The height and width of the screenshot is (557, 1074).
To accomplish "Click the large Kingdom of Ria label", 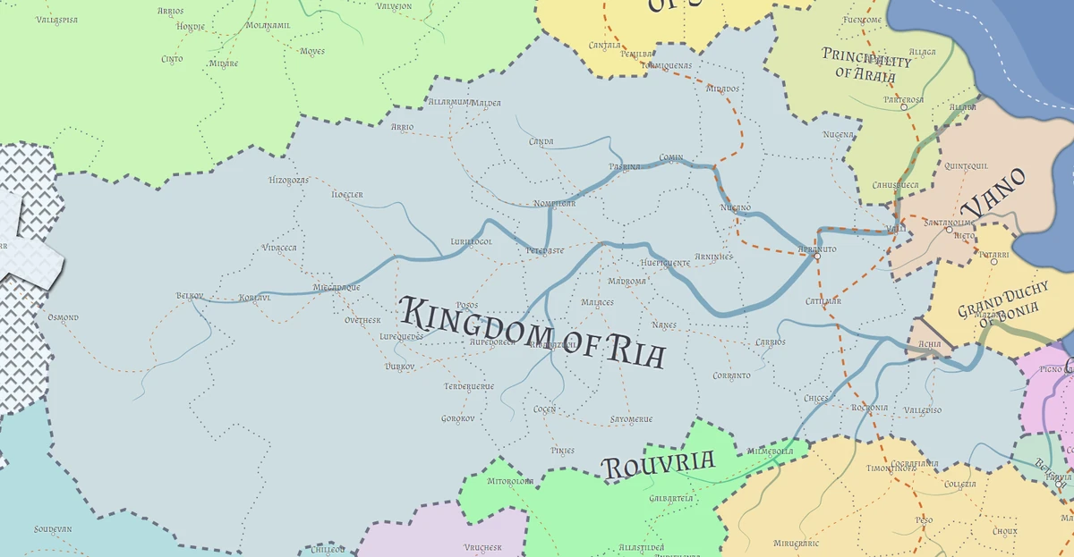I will click(x=533, y=332).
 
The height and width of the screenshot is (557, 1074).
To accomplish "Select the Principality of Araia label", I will click(x=866, y=63).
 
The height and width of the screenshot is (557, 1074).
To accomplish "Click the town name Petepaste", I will click(x=545, y=250).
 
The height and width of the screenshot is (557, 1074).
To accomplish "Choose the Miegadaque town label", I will click(x=336, y=287).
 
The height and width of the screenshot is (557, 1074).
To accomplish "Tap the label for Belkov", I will click(x=190, y=295).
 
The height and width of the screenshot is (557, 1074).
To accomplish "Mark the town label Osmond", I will click(x=63, y=317).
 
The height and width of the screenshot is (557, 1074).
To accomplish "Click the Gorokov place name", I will click(x=457, y=418).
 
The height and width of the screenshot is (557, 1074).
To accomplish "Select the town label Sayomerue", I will click(x=631, y=418).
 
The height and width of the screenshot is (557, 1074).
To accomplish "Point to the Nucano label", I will click(x=735, y=207).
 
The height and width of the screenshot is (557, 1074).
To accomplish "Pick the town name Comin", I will click(x=671, y=157).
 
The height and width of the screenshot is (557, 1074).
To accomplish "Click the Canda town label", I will click(x=541, y=141).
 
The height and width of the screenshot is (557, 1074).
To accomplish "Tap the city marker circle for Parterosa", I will click(x=904, y=107).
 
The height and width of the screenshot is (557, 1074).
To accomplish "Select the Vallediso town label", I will click(x=923, y=409).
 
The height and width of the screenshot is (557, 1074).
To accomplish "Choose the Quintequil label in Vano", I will click(x=966, y=165).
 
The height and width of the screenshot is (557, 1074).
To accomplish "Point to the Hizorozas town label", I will click(x=288, y=180).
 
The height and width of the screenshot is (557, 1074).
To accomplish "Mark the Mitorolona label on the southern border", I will click(x=510, y=481).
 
